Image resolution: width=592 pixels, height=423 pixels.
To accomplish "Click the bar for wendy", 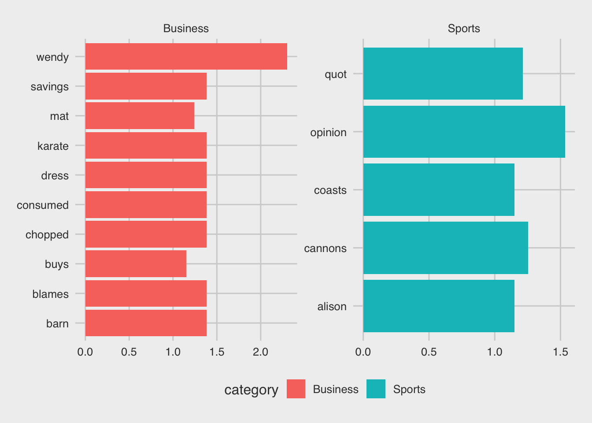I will (x=186, y=56).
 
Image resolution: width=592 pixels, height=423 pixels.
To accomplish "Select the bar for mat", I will (x=140, y=116).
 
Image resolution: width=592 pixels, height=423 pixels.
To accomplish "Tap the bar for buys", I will (x=136, y=264).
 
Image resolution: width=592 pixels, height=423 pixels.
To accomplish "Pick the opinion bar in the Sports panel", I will (x=464, y=132).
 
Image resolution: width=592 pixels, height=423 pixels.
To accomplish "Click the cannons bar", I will (x=445, y=248).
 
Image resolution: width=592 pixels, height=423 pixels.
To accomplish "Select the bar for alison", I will (x=439, y=306).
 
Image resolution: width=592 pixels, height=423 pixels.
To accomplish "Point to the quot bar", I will (x=443, y=74).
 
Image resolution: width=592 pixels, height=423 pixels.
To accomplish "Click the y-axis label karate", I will (x=53, y=146).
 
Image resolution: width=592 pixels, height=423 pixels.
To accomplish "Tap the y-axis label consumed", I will (x=43, y=205).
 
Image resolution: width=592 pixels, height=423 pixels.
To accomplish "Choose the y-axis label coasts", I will (x=330, y=190).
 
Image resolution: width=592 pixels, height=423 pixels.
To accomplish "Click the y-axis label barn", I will (x=57, y=323).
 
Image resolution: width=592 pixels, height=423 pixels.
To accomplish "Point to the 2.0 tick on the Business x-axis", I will (x=261, y=352).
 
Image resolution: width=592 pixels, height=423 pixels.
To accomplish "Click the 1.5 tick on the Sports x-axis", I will (x=560, y=352).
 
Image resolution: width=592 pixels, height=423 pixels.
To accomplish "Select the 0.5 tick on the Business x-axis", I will (x=129, y=352).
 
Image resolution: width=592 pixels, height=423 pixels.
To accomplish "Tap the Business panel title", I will (x=186, y=29).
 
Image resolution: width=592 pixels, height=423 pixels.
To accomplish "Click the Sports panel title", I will (x=464, y=29).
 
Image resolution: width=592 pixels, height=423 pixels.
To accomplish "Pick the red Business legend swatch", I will (x=296, y=389).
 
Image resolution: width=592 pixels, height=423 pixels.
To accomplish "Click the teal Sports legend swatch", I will (x=376, y=389).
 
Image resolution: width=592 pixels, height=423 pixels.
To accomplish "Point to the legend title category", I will (x=251, y=390).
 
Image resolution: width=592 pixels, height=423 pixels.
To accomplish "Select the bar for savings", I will (x=146, y=86).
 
